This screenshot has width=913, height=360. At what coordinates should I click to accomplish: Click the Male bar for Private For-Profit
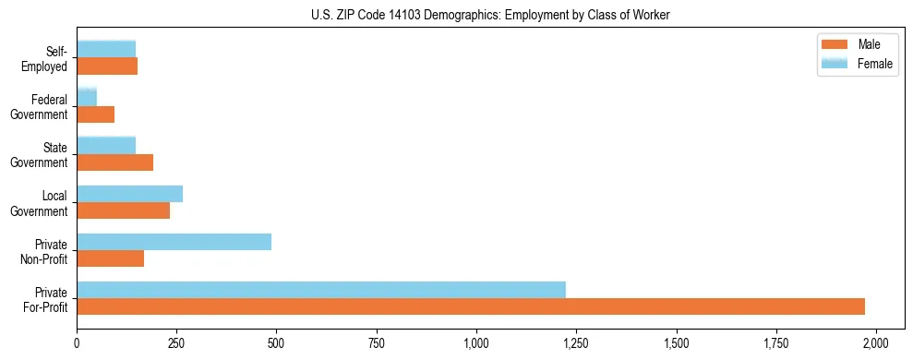(471, 306)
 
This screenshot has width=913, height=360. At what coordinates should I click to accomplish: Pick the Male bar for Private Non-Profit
(111, 258)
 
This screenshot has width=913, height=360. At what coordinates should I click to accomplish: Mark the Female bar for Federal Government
(87, 98)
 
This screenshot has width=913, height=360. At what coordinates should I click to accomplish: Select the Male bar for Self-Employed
(107, 66)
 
